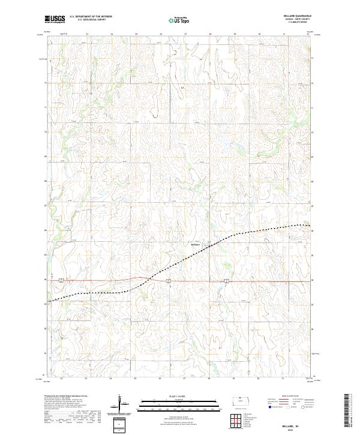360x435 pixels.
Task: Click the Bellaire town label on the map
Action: tap(194, 244)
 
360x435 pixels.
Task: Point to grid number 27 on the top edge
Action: tap(185, 34)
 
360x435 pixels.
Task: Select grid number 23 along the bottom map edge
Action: tap(87, 379)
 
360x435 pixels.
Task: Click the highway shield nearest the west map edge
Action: tap(62, 280)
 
